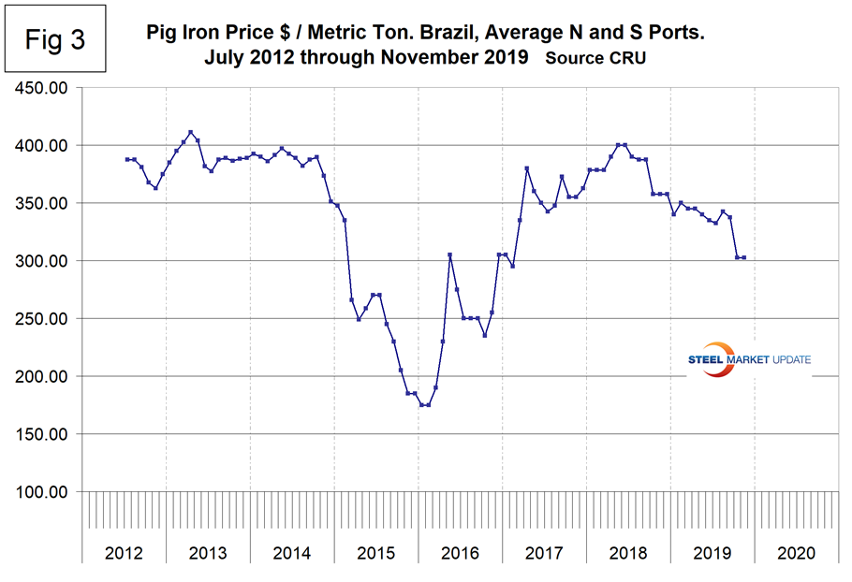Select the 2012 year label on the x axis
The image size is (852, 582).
click(125, 553)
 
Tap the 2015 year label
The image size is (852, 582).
click(376, 553)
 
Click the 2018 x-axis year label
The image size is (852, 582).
click(628, 553)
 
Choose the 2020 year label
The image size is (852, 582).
click(796, 553)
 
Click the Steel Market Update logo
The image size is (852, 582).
click(749, 360)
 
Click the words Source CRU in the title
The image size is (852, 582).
click(595, 58)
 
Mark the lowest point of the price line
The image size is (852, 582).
click(424, 405)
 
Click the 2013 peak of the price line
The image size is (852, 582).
click(191, 132)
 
